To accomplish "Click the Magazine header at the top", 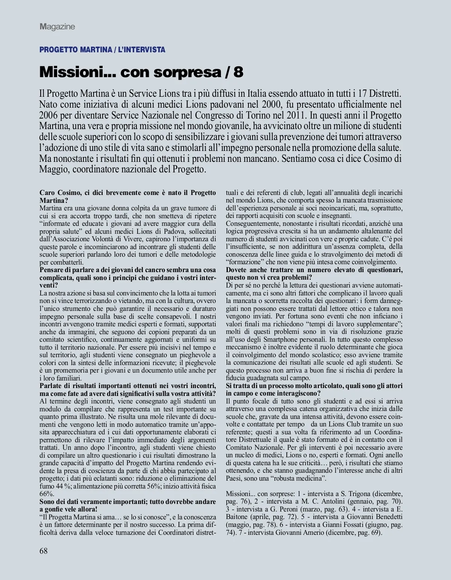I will (x=58, y=27).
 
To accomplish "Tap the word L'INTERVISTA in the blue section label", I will (x=141, y=50).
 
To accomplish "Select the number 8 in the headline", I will (x=238, y=72).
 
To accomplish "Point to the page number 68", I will (x=44, y=551).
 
